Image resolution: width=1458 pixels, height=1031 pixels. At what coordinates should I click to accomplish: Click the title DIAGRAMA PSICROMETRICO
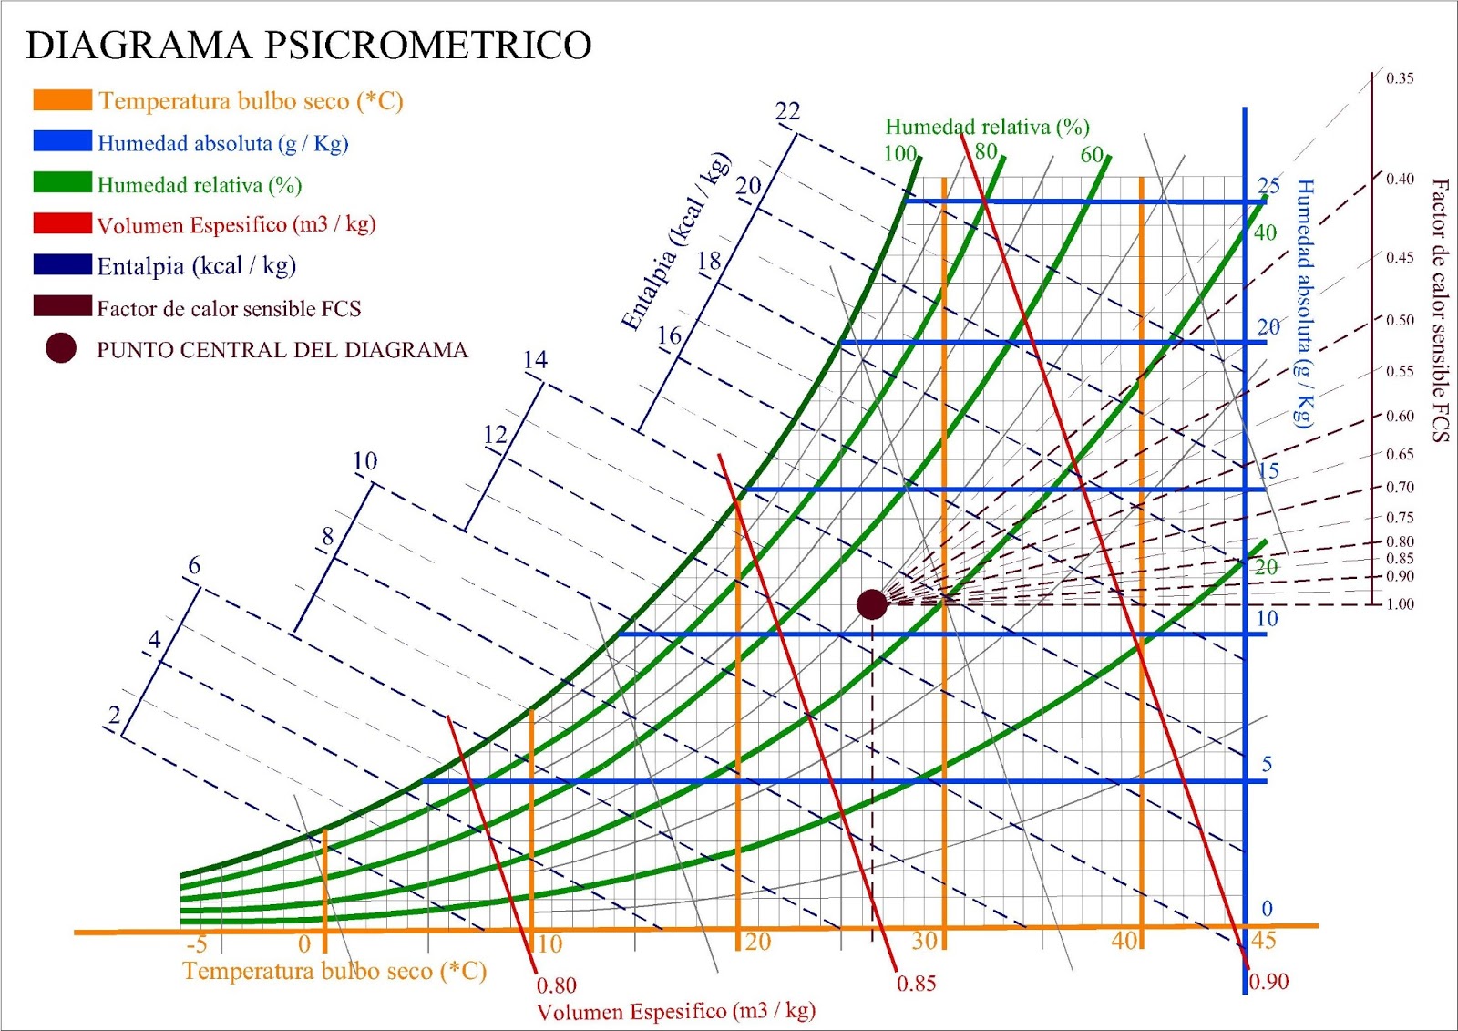tap(309, 45)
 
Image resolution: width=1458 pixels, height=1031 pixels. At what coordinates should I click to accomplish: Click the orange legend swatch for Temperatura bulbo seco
tap(62, 100)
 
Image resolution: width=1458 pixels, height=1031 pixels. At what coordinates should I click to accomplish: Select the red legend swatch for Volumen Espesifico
tap(62, 224)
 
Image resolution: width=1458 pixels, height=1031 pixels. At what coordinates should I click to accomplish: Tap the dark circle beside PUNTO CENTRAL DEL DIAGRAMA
tap(61, 348)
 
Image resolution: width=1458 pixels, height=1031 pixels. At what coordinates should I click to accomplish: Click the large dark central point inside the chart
tap(872, 603)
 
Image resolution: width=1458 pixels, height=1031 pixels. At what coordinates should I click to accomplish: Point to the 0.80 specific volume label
tap(556, 985)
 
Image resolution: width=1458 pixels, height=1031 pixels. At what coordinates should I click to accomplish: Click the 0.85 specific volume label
tap(916, 984)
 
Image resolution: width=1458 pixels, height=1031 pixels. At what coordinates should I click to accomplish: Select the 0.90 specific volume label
tap(1268, 982)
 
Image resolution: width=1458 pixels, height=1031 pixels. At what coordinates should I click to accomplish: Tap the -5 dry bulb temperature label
tap(196, 943)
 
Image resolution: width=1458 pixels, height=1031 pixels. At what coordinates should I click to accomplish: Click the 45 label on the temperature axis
tap(1264, 941)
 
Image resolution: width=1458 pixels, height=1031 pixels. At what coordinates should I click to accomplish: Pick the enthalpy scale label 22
tap(787, 111)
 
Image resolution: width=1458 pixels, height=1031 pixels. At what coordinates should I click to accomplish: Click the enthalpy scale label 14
tap(535, 360)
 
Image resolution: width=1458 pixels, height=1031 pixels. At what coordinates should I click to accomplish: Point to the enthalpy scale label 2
tap(114, 715)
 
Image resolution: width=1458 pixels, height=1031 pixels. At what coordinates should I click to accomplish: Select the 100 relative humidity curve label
tap(899, 153)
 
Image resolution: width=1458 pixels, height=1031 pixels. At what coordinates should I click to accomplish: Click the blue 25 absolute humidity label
tap(1268, 185)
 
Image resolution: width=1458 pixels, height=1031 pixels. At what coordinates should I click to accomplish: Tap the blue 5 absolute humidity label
tap(1267, 764)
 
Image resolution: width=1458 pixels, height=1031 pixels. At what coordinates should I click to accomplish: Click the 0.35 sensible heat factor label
tap(1400, 78)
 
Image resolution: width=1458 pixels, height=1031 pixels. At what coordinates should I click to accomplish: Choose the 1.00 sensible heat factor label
tap(1400, 604)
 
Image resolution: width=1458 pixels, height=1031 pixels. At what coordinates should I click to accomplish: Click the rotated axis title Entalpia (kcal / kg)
tap(676, 242)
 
